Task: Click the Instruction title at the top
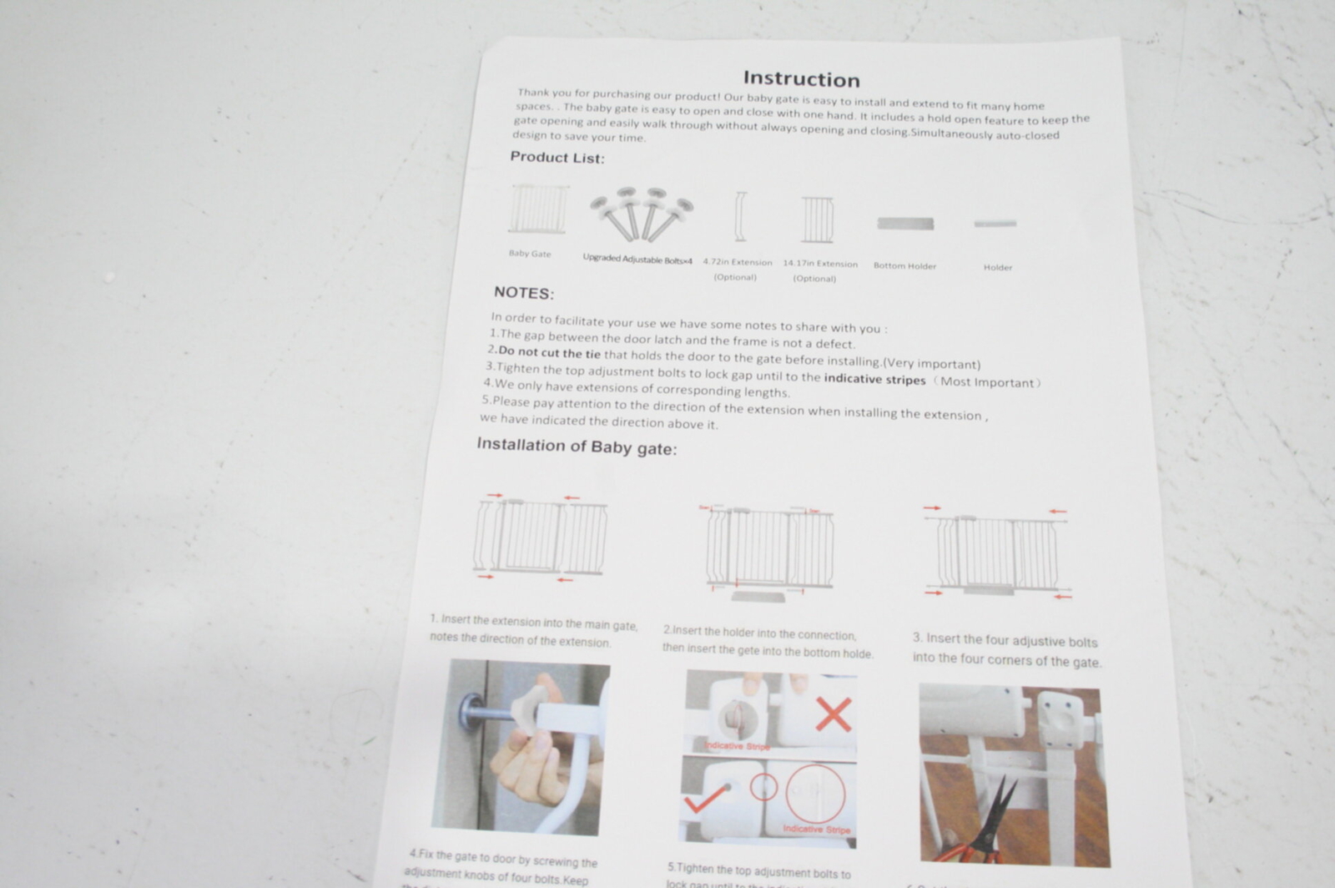tap(801, 79)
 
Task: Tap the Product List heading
tap(557, 157)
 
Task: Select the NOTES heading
tap(523, 293)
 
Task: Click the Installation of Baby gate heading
tap(577, 447)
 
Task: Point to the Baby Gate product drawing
tap(538, 210)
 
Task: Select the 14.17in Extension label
tap(819, 264)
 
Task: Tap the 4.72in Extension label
tap(737, 262)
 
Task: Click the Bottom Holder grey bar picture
tap(905, 224)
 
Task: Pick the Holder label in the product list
tap(997, 268)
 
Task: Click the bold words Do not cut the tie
tap(549, 352)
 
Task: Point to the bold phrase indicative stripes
tap(874, 380)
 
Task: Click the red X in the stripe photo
tap(833, 714)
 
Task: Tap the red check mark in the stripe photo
tap(706, 800)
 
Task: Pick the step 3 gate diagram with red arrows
tap(997, 552)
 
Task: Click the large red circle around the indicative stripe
tap(814, 794)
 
